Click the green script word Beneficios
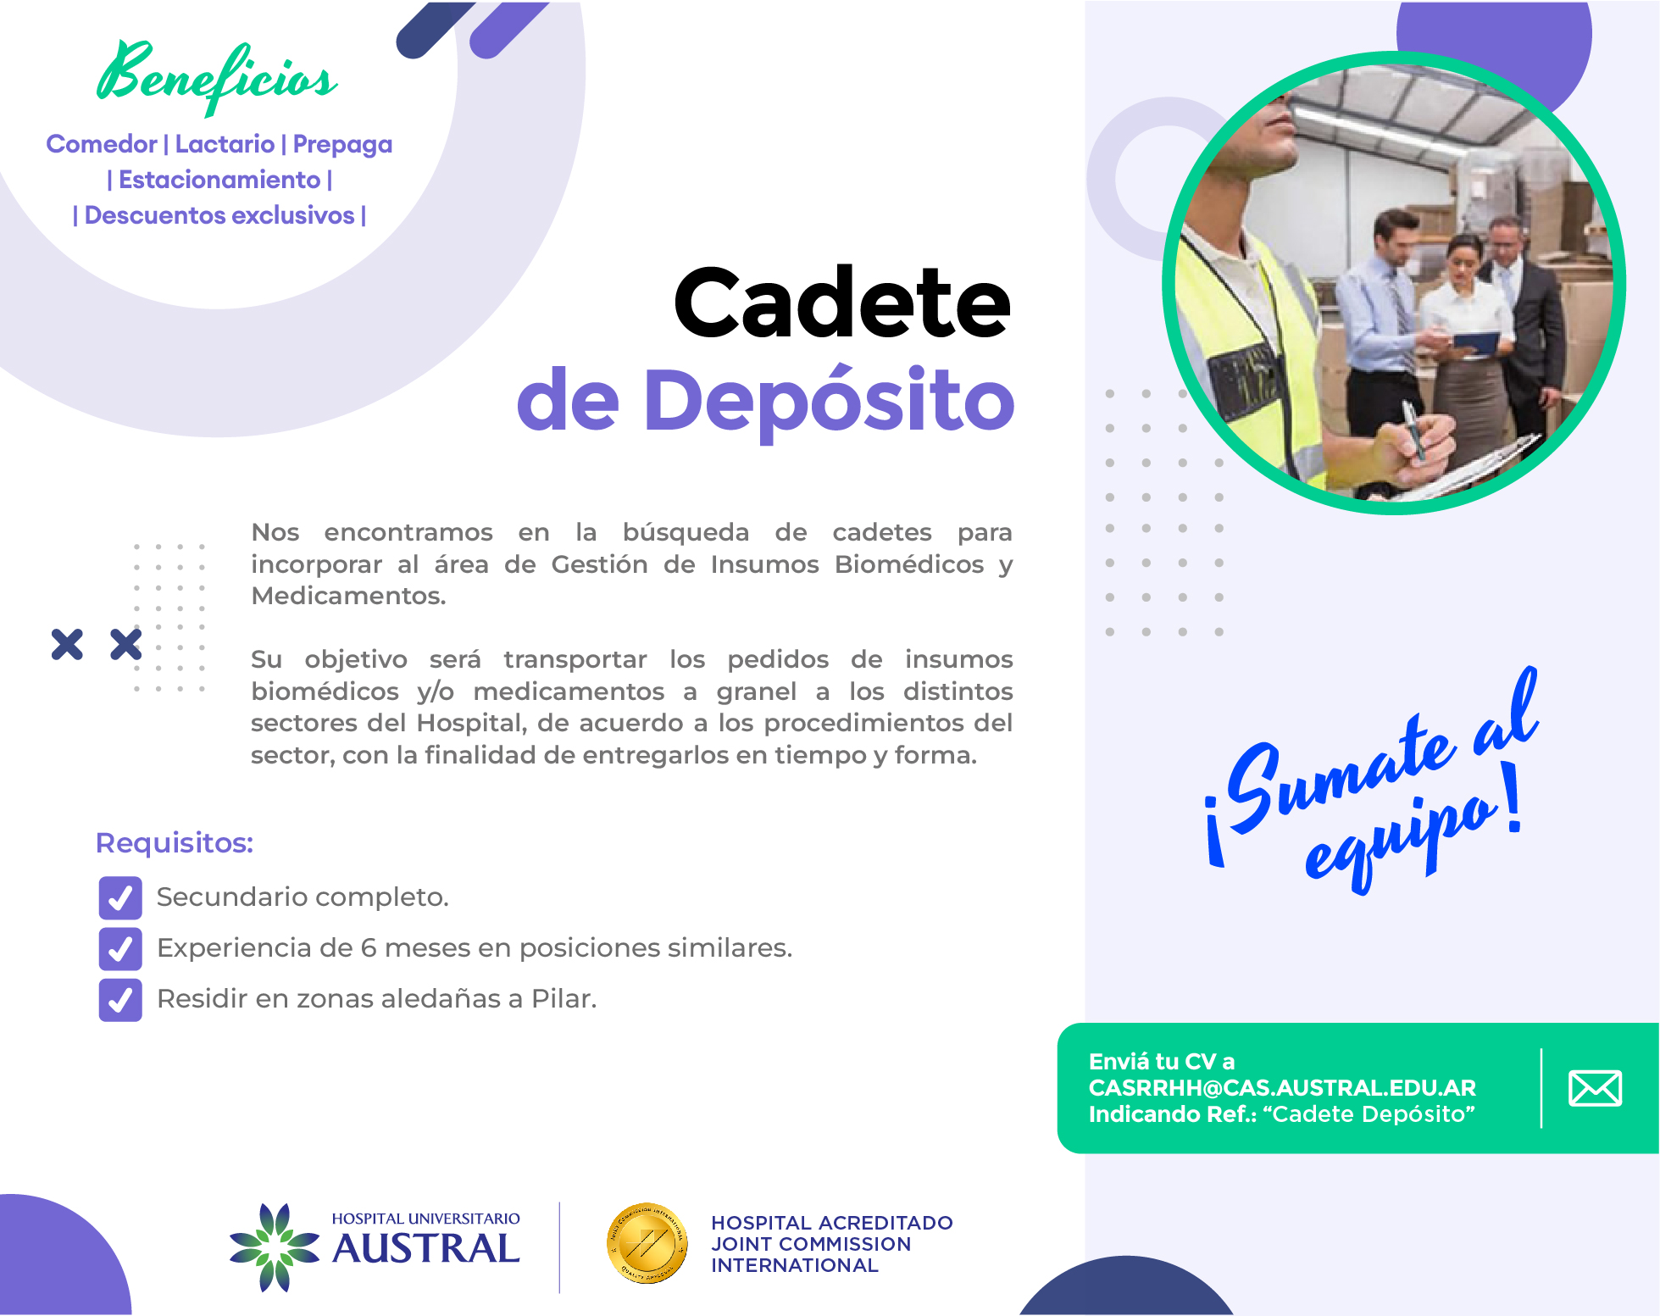(x=217, y=76)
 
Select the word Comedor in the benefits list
(x=102, y=144)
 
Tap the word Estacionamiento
(x=219, y=180)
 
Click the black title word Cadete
(x=842, y=303)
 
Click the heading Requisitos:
(x=175, y=843)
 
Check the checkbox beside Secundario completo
(x=120, y=897)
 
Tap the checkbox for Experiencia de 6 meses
(x=120, y=948)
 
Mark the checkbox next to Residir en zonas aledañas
(x=120, y=999)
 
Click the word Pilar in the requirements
(x=564, y=999)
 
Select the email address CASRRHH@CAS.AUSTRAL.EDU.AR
(x=1282, y=1088)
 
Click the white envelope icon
(x=1595, y=1088)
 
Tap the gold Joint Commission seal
(x=647, y=1243)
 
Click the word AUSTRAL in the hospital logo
(x=426, y=1249)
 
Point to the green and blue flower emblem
(x=275, y=1247)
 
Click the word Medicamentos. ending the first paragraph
(x=348, y=596)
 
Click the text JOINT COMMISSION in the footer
(x=811, y=1244)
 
